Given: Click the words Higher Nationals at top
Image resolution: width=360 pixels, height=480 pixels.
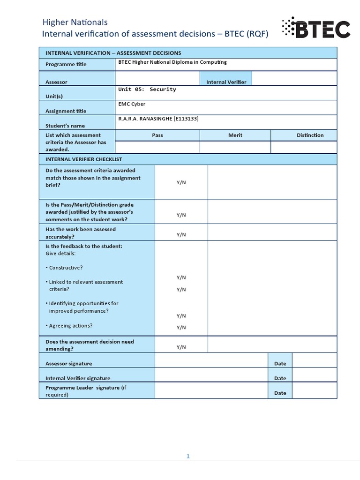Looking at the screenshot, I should pos(75,22).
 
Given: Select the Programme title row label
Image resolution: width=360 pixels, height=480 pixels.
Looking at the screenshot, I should pos(66,64).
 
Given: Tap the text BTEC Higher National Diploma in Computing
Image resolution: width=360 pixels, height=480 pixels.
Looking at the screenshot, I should pos(172,62).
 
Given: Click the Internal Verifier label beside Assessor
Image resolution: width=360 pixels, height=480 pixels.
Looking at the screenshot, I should pos(226,82).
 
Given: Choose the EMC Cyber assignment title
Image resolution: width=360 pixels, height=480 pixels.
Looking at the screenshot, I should pos(132,104).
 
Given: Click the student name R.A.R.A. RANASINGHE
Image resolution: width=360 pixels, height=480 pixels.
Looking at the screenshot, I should pos(158,119).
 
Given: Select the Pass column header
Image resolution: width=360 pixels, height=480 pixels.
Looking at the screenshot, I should pos(157,135).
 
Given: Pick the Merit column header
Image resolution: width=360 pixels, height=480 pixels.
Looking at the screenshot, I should pos(235,135).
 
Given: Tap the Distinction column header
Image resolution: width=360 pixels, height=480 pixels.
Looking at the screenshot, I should pos(310,135).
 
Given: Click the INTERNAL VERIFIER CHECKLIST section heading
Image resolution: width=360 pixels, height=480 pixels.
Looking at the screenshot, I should pos(83,159).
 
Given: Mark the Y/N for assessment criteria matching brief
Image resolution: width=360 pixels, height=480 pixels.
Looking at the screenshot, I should pos(181,182).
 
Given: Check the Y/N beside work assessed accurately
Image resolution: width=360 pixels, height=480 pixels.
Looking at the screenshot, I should pos(181,234).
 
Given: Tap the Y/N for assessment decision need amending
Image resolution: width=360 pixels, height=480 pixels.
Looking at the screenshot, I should pos(181,347).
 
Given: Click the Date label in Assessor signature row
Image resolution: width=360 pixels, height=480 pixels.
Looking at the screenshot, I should pos(280,363).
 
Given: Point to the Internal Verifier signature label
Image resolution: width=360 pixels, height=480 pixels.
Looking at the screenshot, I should pos(78,378).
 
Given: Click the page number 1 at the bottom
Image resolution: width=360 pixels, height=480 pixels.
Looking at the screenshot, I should pos(188,456).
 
